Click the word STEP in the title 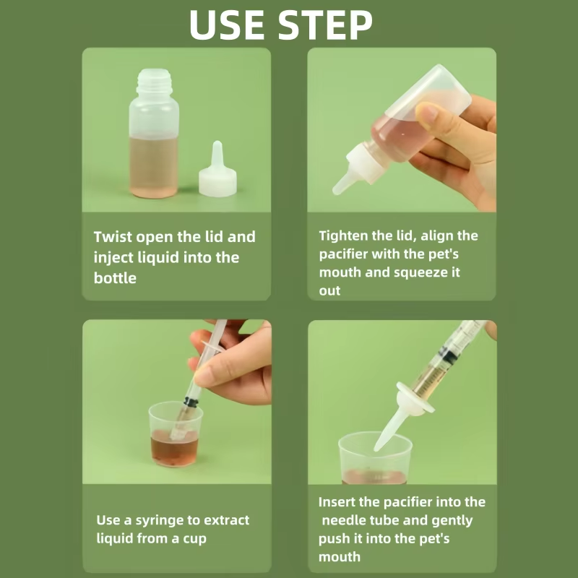pyautogui.click(x=325, y=25)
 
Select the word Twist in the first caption pyautogui.click(x=113, y=237)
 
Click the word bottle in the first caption pyautogui.click(x=115, y=278)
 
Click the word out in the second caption pyautogui.click(x=329, y=291)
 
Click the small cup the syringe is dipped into pyautogui.click(x=176, y=434)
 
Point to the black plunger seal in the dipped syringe pyautogui.click(x=191, y=402)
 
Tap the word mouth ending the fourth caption pyautogui.click(x=339, y=557)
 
